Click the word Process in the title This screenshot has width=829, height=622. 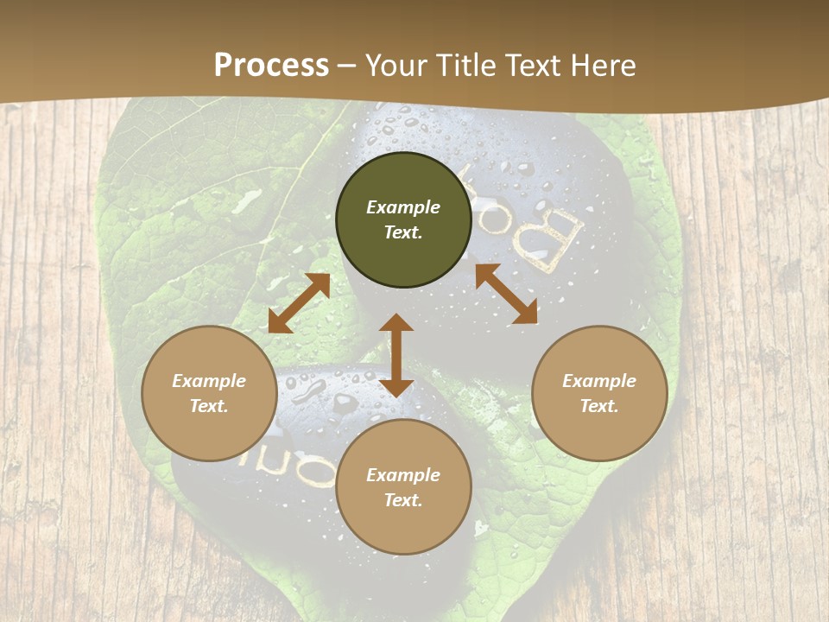point(271,66)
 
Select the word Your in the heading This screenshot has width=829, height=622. point(394,66)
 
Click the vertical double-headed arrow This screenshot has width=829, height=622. point(396,355)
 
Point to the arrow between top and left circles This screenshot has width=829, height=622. point(299,303)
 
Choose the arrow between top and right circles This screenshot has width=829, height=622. point(506,295)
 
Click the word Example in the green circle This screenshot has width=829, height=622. point(403,207)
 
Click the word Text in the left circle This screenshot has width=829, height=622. point(209,406)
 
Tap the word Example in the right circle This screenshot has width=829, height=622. point(599,381)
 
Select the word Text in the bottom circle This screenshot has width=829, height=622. point(403,500)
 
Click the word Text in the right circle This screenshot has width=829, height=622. point(599,406)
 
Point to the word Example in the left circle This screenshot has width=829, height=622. point(209,381)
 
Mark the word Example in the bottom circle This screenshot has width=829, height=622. point(403,475)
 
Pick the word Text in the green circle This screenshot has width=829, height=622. point(403,232)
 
